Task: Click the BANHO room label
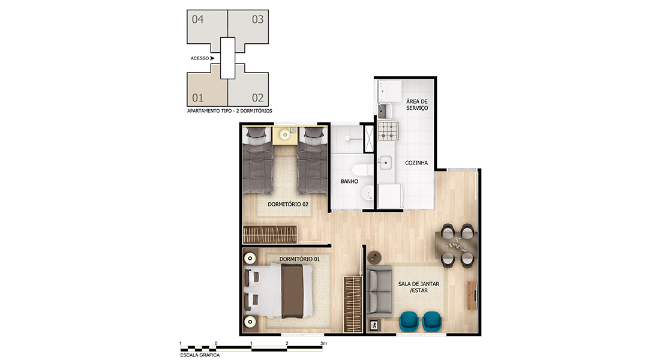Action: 349,181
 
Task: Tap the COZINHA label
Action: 416,163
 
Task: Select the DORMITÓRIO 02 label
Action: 288,204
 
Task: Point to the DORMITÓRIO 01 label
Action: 299,259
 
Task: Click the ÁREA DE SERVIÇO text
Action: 417,104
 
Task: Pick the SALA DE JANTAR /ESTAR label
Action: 419,287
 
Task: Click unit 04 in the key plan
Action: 206,26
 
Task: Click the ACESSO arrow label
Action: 202,58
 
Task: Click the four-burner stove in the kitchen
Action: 388,131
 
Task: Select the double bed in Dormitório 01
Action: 278,291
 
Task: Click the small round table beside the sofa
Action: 374,257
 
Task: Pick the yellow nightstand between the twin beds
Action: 284,136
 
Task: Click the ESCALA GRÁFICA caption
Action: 200,355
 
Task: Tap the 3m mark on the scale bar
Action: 323,343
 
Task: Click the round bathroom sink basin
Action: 367,195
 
